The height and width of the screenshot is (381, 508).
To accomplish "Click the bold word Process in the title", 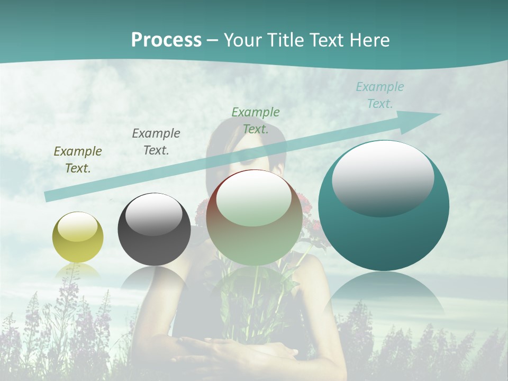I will coord(166,40).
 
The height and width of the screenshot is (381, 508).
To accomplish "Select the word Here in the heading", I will coord(368,40).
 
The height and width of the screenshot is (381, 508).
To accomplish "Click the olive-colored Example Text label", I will coord(78,160).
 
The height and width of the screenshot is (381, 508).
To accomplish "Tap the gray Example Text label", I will coord(156,142).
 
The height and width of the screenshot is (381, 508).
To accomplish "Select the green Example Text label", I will coord(256,120).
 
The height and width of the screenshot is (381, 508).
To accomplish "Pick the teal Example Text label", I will coord(380,95).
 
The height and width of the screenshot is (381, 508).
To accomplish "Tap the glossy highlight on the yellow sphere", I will coord(77,228).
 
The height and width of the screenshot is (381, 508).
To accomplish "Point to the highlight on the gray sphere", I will coord(153,214).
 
